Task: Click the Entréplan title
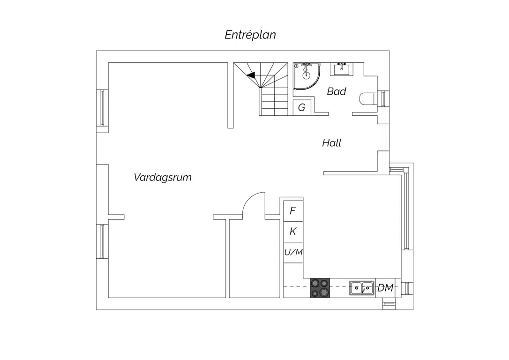250,35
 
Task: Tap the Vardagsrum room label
163,177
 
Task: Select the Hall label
331,143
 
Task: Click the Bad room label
337,91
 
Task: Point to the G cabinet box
302,107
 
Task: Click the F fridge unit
293,211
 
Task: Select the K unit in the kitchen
293,232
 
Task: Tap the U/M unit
293,252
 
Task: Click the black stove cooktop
320,288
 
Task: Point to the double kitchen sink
362,288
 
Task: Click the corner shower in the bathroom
307,76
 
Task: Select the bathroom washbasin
342,69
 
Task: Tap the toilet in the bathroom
368,99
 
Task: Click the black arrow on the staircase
251,75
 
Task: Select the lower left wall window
102,241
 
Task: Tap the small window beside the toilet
383,99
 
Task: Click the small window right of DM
407,288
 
